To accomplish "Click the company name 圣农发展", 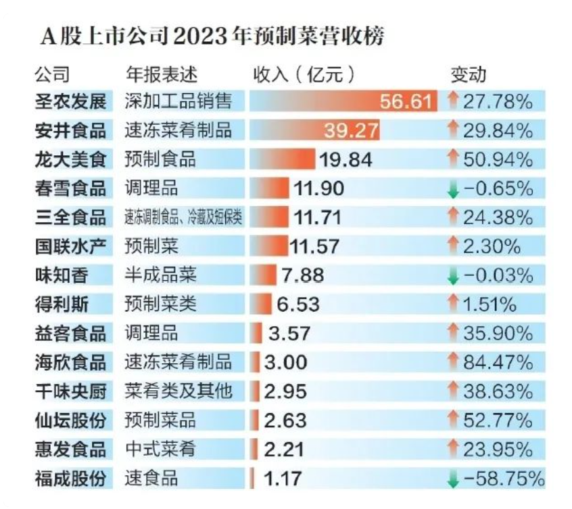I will point(70,102).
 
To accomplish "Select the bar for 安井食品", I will point(314,130).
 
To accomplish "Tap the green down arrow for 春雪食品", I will point(453,190).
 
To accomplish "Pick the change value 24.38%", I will point(498,217).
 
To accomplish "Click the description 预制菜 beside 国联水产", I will point(151,246).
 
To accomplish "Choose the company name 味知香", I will point(62,275).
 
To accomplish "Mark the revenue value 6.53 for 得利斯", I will point(298,304).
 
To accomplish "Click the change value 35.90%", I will point(498,333).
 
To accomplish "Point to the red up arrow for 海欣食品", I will point(453,362).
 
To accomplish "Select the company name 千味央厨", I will point(70,391).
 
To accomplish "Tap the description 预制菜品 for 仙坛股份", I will point(160,420).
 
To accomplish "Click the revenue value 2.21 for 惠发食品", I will point(284,449).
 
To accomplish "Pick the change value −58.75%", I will point(504,479).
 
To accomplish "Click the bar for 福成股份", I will point(252,479).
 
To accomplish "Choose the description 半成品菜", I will point(160,275).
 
